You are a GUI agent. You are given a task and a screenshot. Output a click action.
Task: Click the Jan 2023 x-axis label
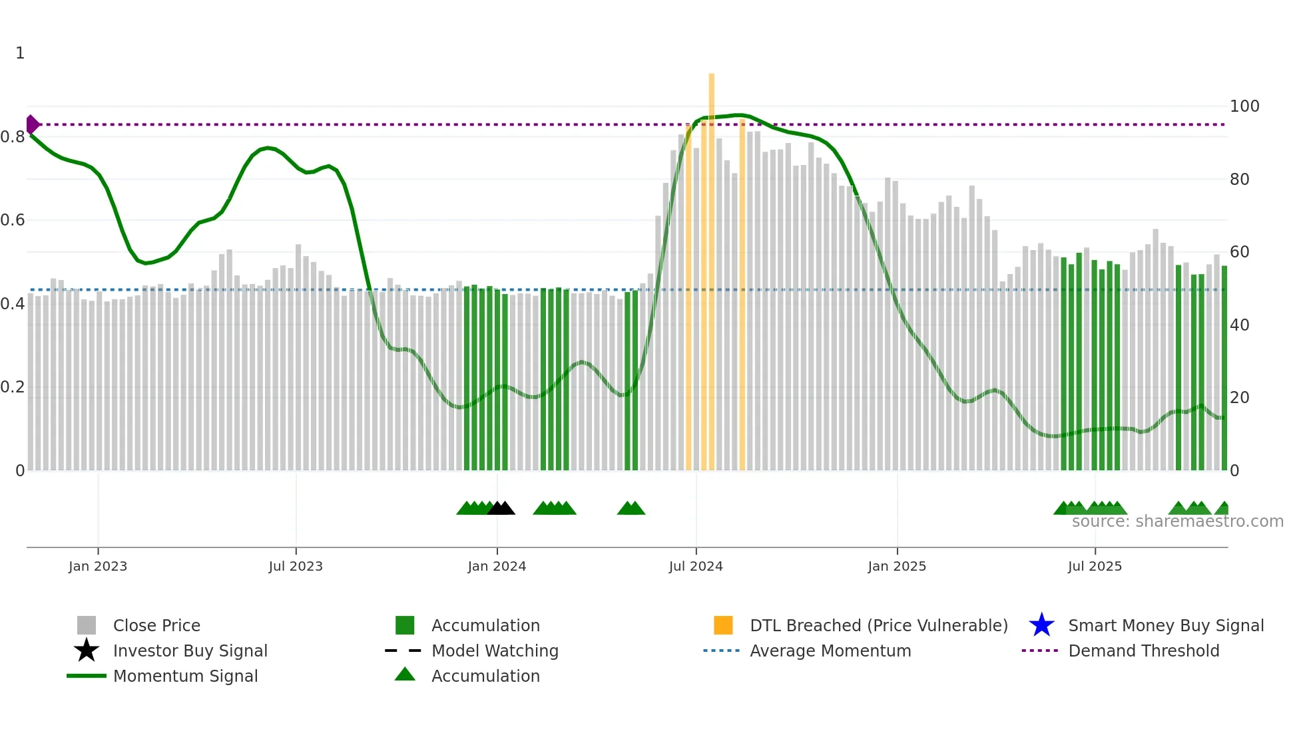(x=97, y=566)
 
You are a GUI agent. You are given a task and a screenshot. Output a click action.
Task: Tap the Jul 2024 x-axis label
(x=696, y=566)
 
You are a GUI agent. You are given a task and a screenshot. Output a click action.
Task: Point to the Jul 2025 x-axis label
(x=1095, y=566)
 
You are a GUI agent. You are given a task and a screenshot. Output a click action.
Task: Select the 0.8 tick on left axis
(x=13, y=137)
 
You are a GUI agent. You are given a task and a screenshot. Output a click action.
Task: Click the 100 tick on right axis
(x=1244, y=106)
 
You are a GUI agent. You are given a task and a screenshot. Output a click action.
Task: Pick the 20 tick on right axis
(x=1239, y=397)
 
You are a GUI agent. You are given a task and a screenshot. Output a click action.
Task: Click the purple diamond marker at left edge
(x=32, y=124)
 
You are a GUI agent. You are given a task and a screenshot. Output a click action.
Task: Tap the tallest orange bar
(x=711, y=266)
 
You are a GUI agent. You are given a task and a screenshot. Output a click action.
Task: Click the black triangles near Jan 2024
(x=501, y=508)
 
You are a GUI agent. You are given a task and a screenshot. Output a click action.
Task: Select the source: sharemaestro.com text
(x=1177, y=521)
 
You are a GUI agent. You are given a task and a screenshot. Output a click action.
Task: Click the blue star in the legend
(x=1041, y=625)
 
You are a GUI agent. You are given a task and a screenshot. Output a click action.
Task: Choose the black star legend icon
(x=87, y=651)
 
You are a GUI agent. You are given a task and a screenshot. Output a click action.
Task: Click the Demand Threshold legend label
(x=1143, y=651)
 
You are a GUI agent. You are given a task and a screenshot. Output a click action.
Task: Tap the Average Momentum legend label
(x=830, y=651)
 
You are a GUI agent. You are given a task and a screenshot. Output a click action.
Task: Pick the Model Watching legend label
(x=495, y=651)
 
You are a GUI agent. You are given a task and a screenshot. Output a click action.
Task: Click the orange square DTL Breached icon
(x=723, y=625)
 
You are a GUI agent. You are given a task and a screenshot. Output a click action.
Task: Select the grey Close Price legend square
(x=87, y=625)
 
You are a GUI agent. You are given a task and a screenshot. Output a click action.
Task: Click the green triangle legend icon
(x=405, y=674)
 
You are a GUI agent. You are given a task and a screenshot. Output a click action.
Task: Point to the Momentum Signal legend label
(x=185, y=676)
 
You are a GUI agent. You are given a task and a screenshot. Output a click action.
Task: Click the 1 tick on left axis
(x=20, y=53)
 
